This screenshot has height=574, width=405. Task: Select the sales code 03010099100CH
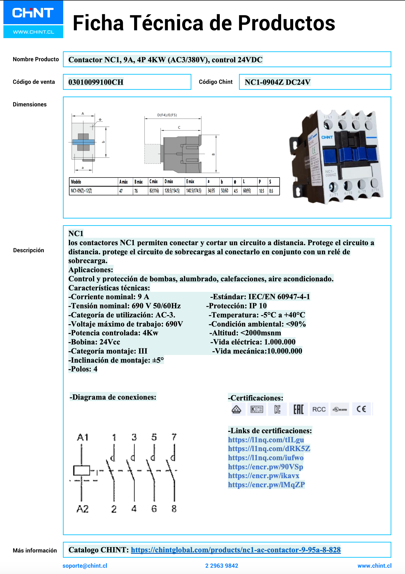pos(96,82)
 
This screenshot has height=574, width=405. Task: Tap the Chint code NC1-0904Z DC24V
pos(277,82)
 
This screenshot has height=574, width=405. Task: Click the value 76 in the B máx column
pos(136,191)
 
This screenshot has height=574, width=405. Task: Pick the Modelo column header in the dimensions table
pos(76,182)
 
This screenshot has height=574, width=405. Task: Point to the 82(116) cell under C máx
pos(154,191)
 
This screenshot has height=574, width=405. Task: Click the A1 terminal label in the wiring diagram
pos(83,437)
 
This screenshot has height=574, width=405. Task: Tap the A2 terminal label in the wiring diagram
pos(83,509)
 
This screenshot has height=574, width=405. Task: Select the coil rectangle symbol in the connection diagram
pos(82,470)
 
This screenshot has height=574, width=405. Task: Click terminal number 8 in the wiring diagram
pos(174,509)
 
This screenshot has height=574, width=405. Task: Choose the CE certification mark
pos(361,409)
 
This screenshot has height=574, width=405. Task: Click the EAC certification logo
pos(298,409)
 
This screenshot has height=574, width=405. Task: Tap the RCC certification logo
pos(319,409)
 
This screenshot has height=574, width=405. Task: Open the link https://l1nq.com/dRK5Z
pos(269,449)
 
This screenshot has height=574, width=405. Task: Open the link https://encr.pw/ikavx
pos(263,476)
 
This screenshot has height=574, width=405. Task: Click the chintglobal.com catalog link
pos(236,550)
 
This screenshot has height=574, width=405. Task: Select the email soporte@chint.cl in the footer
pos(85,566)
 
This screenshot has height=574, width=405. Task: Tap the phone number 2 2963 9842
pos(222,566)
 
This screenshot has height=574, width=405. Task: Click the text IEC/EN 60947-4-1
pos(279,297)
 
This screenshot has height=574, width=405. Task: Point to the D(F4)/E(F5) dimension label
pos(167,115)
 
